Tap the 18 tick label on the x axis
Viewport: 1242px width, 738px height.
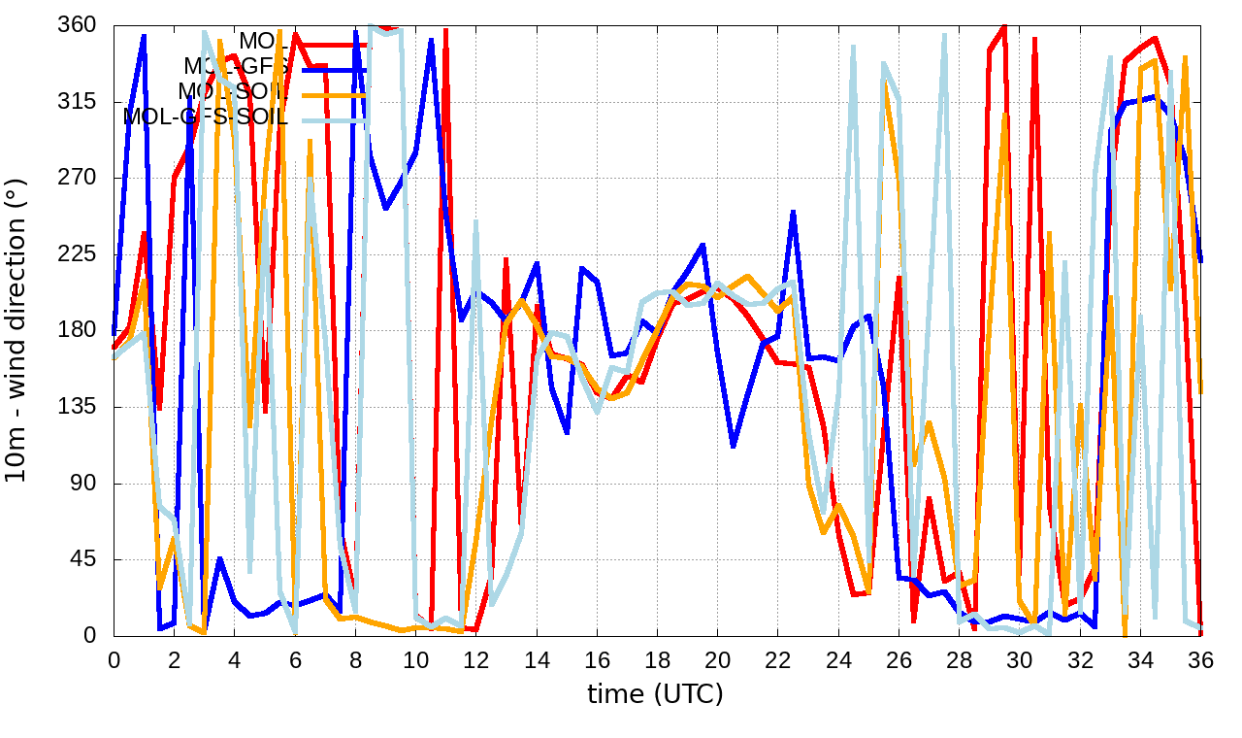tap(657, 660)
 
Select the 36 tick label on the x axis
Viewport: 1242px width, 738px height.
tap(1200, 660)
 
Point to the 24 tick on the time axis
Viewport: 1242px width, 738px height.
tap(838, 660)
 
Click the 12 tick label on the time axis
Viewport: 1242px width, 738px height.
tap(476, 660)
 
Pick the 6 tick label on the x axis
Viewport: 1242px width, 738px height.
tap(295, 660)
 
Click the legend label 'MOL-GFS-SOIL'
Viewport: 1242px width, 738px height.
tap(206, 117)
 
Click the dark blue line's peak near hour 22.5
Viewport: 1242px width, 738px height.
tap(793, 212)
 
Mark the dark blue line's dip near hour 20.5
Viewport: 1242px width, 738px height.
tap(733, 446)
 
